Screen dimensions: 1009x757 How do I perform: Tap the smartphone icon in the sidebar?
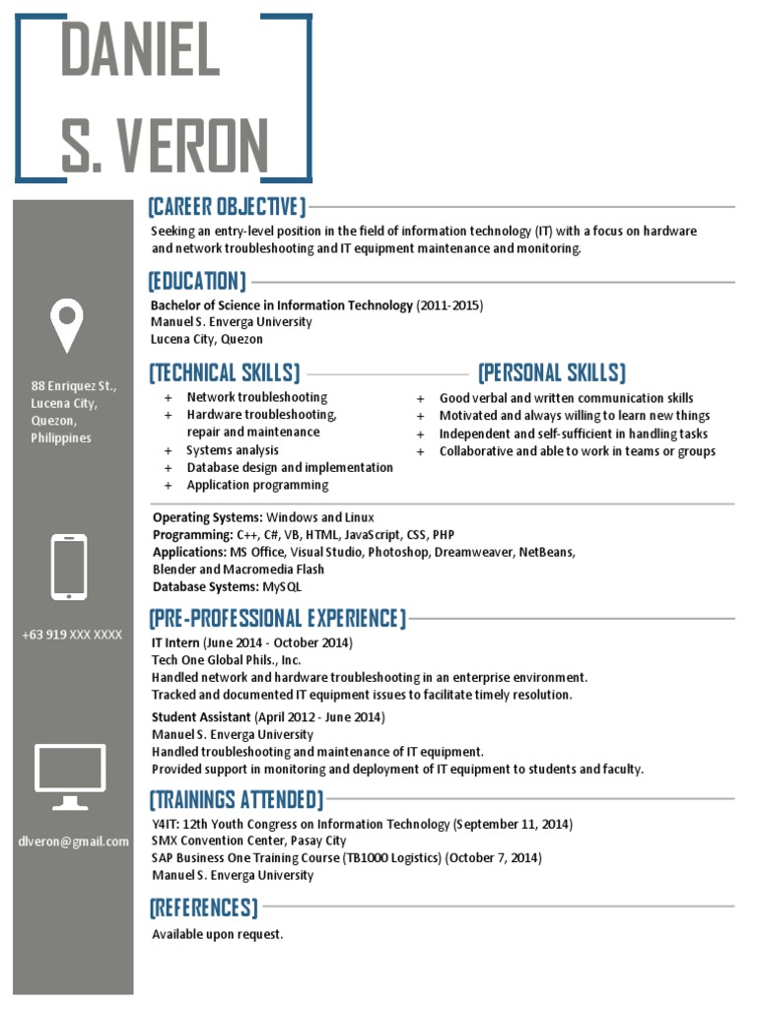(x=69, y=567)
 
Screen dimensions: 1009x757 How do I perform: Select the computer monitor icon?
(x=70, y=775)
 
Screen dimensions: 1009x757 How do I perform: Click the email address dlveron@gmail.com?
(x=73, y=841)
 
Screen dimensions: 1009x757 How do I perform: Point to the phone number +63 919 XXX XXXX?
(x=72, y=636)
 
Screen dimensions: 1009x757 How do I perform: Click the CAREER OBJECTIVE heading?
(x=227, y=207)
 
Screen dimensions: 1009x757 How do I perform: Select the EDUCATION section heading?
(x=197, y=282)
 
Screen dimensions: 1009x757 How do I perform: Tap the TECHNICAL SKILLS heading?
(x=225, y=373)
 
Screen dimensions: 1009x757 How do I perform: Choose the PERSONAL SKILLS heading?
(x=551, y=373)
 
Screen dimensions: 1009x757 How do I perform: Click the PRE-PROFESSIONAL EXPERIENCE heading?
(x=277, y=619)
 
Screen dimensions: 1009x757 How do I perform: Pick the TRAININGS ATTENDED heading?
(x=236, y=799)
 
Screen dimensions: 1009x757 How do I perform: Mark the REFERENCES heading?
(x=204, y=907)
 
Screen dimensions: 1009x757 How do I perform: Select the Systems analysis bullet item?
(x=233, y=450)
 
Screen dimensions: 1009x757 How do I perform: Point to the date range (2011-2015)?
(x=449, y=305)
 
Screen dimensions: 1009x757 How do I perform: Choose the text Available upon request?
(x=217, y=934)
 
